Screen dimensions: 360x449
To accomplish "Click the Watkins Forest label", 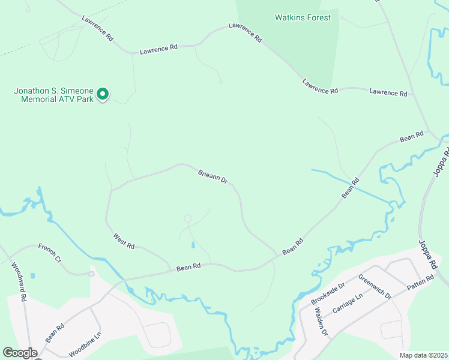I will pyautogui.click(x=303, y=17).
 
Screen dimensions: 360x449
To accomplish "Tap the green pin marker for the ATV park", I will pyautogui.click(x=103, y=94).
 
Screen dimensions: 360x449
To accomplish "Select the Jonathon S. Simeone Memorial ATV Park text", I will pyautogui.click(x=53, y=95).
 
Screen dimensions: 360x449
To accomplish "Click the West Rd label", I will pyautogui.click(x=123, y=241).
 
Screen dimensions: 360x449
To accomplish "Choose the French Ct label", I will pyautogui.click(x=50, y=253).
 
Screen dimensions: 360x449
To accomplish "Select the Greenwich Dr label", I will pyautogui.click(x=375, y=287).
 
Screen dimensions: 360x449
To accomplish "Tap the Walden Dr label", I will pyautogui.click(x=321, y=322).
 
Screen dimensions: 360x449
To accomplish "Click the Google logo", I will pyautogui.click(x=20, y=353).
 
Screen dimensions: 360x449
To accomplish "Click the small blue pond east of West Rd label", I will pyautogui.click(x=193, y=245).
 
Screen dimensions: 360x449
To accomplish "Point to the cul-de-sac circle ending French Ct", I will pyautogui.click(x=91, y=274).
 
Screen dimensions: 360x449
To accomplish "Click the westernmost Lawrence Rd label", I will pyautogui.click(x=98, y=28).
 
